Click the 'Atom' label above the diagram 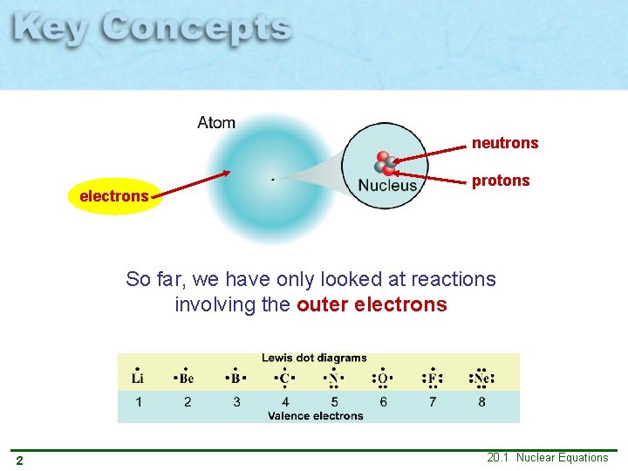click(216, 123)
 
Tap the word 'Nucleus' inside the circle click(388, 185)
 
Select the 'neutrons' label click(505, 143)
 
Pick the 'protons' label click(501, 181)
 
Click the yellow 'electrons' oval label click(114, 196)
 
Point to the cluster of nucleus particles click(385, 164)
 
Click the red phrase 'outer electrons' click(372, 305)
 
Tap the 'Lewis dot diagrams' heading click(314, 358)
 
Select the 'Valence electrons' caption click(315, 416)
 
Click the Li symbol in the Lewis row click(138, 379)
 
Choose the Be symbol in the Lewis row click(187, 379)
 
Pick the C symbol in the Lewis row click(284, 379)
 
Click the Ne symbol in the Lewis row click(481, 379)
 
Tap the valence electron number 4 click(285, 402)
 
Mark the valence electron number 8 click(481, 402)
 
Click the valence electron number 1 click(138, 402)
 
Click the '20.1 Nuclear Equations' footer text click(548, 458)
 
